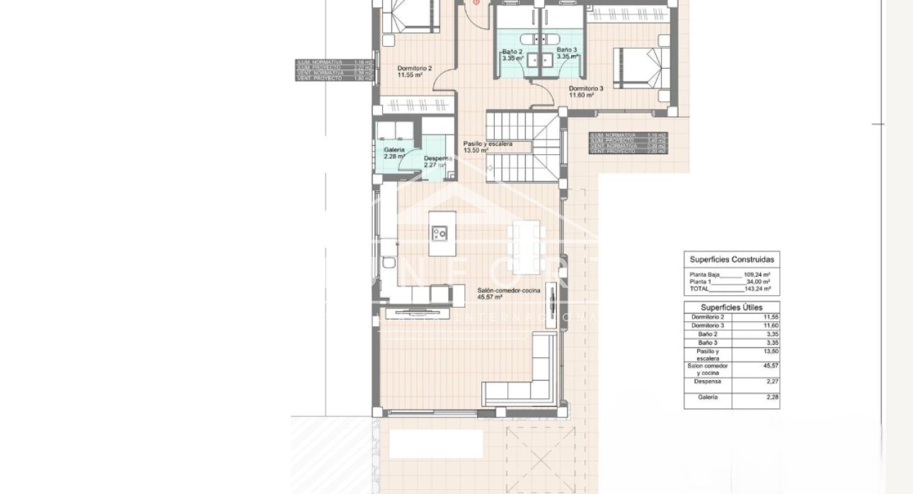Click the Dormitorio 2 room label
414,71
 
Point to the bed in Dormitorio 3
639,69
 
